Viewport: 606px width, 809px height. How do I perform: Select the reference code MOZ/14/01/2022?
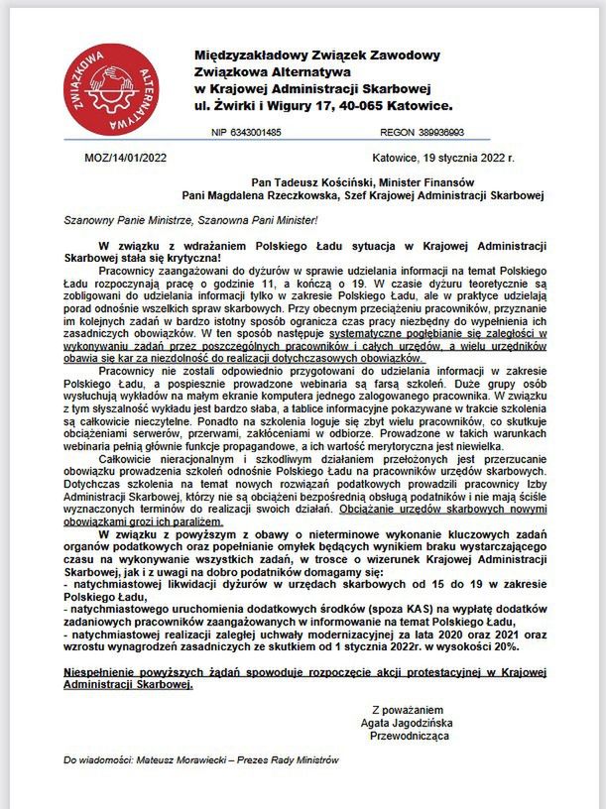click(114, 157)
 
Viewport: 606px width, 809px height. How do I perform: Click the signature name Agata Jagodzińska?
click(412, 724)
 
